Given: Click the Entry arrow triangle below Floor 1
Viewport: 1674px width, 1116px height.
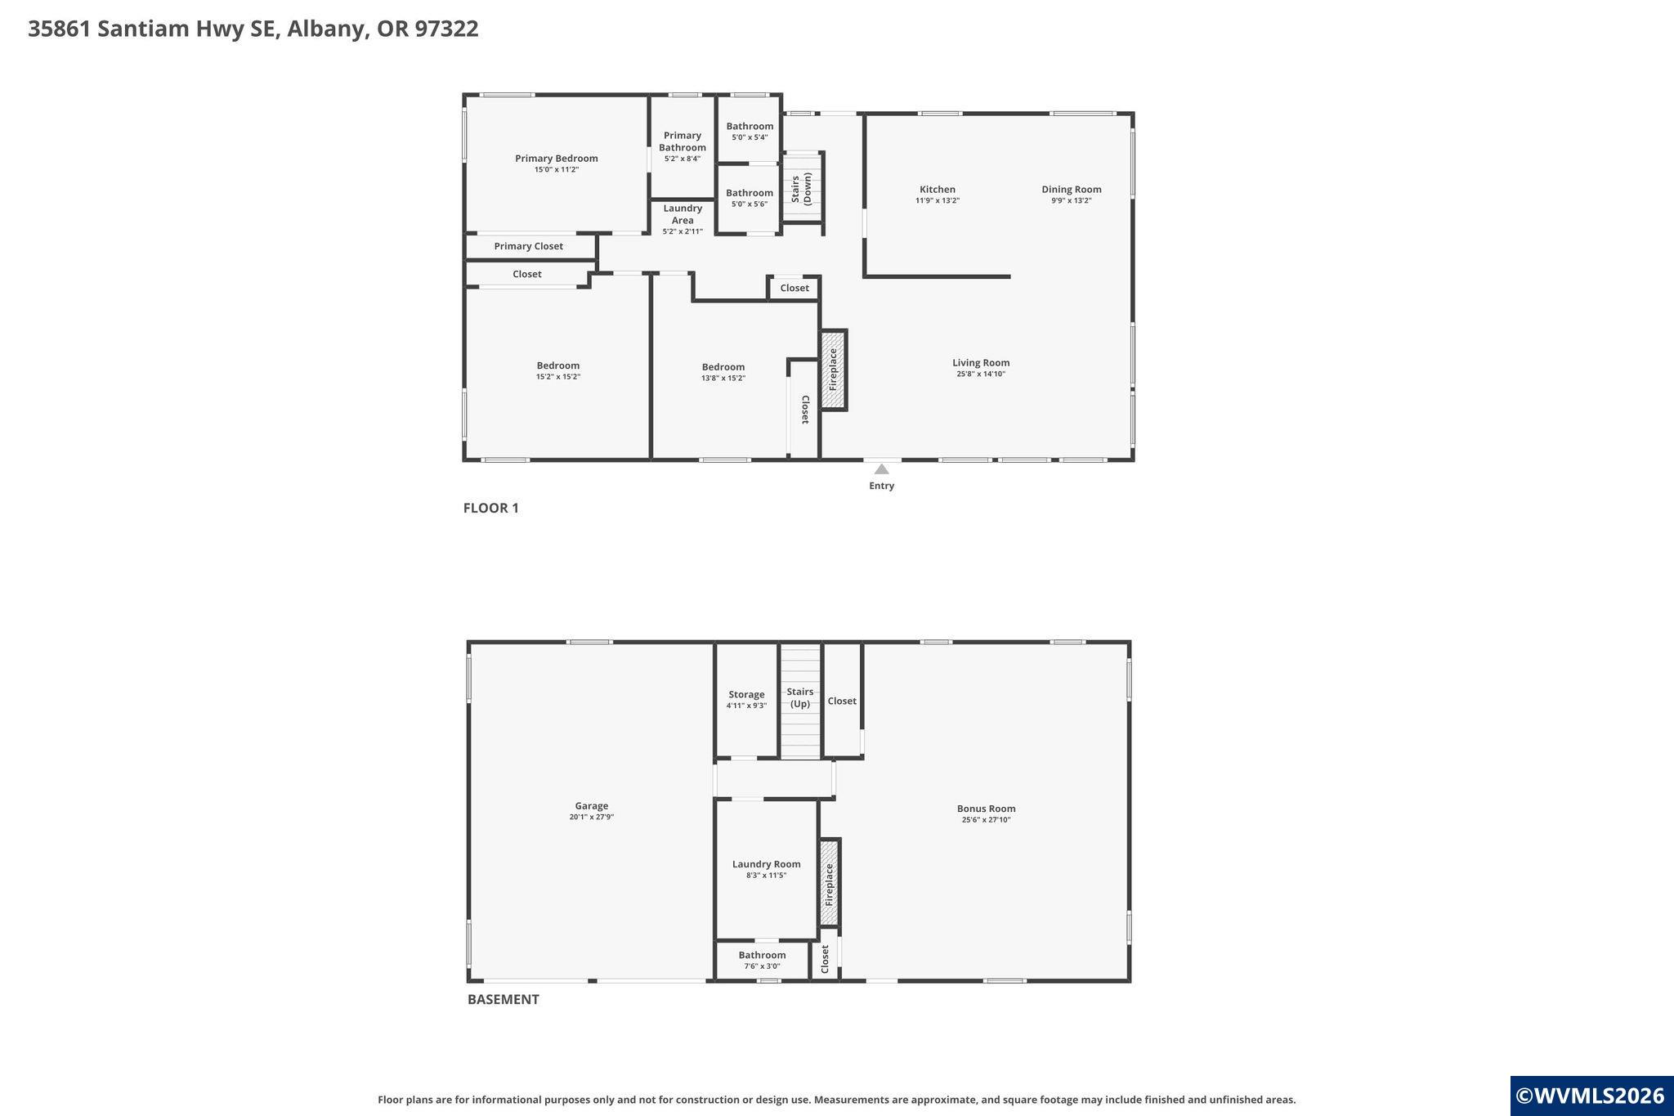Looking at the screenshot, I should tap(881, 469).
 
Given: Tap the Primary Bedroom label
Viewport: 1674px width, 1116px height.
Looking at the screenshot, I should tap(556, 159).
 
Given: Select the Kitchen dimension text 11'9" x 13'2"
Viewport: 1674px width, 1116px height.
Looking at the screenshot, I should tap(937, 201).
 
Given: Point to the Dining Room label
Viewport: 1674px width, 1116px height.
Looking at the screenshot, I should tap(1071, 190).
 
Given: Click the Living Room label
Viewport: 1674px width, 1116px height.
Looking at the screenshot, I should tap(980, 363).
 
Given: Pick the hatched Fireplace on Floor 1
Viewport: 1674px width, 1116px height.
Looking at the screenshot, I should tap(834, 370).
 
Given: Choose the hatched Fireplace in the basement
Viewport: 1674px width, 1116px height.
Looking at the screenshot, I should tap(830, 882).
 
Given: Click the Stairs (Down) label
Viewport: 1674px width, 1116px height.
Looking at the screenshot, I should tap(801, 188).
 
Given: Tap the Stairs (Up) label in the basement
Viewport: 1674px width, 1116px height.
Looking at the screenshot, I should tap(799, 697).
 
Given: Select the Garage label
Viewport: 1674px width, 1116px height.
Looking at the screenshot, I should tap(591, 806).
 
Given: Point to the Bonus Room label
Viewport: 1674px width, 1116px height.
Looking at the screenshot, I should tap(986, 809).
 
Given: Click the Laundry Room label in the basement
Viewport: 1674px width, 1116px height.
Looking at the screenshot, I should tap(766, 864).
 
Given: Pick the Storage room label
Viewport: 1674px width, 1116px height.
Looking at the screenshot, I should tap(746, 695).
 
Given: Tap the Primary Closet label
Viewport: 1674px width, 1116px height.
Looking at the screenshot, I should tap(528, 246).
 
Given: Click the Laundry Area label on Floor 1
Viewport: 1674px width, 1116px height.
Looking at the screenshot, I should tap(683, 214).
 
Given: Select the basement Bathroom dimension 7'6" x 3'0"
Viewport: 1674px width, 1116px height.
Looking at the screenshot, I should tap(762, 966).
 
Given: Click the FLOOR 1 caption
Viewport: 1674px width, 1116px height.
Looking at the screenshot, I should tap(490, 508).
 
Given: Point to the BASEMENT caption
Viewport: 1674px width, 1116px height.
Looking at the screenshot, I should tap(503, 999).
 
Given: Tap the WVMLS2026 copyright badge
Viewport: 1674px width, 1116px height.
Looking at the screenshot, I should tap(1590, 1096).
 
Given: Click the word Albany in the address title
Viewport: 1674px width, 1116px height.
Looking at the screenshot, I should tap(325, 29).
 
